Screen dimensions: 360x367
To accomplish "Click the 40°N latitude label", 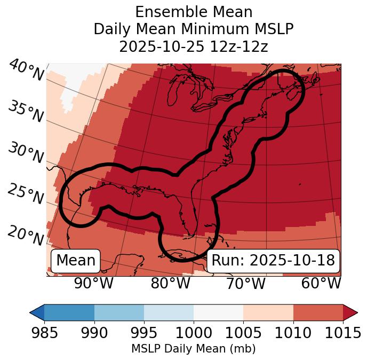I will pyautogui.click(x=26, y=71).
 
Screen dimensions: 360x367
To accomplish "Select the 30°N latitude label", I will pyautogui.click(x=26, y=153).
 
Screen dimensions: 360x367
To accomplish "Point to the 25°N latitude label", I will pyautogui.click(x=26, y=194).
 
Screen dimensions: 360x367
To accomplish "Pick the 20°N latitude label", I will pyautogui.click(x=26, y=235).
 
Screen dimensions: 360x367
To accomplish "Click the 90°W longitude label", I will pyautogui.click(x=93, y=284).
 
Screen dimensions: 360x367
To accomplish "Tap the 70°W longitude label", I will pyautogui.click(x=246, y=284).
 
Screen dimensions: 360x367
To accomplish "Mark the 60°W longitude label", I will pyautogui.click(x=321, y=284).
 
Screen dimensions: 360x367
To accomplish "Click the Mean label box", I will pyautogui.click(x=76, y=261).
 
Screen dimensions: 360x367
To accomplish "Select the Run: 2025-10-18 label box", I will pyautogui.click(x=273, y=261).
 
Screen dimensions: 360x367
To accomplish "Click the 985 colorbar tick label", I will pyautogui.click(x=44, y=333).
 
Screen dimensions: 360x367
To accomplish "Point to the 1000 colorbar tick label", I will pyautogui.click(x=194, y=333).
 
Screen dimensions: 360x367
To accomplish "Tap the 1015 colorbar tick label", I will pyautogui.click(x=343, y=333).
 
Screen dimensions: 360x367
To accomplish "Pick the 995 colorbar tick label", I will pyautogui.click(x=144, y=333).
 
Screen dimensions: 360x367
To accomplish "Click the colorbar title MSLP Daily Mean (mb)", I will pyautogui.click(x=193, y=349).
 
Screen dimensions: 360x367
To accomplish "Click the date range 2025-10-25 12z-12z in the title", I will pyautogui.click(x=194, y=46).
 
